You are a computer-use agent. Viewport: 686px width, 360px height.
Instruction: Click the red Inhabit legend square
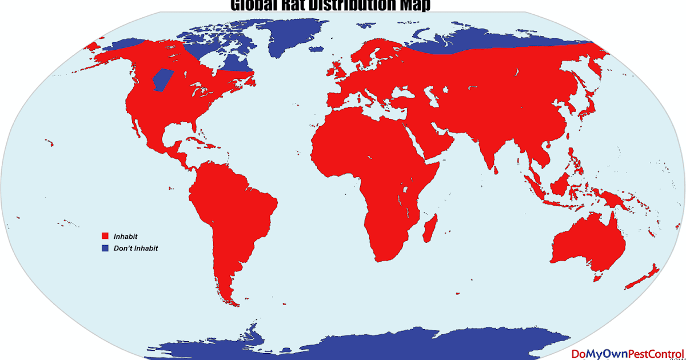(105, 236)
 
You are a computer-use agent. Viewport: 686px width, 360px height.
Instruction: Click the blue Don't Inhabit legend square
(105, 249)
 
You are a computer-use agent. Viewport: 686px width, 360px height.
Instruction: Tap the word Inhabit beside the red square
(126, 236)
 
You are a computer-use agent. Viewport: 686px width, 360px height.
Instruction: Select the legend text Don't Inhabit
(135, 249)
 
